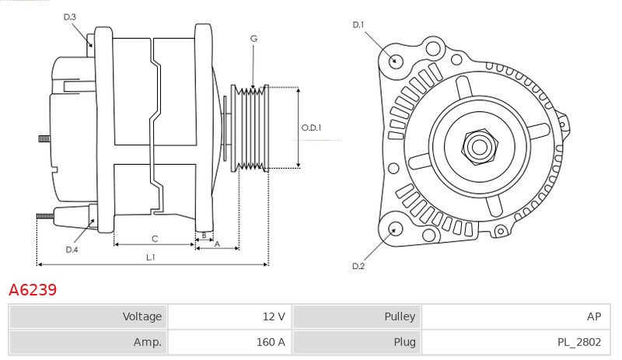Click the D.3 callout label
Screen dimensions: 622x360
coord(69,17)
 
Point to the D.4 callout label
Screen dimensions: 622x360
coord(72,250)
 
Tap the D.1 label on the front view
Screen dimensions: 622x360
coord(358,25)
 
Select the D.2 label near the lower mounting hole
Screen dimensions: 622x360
coord(358,266)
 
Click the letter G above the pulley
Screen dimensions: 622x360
coord(254,39)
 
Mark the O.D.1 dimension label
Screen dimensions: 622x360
coord(311,128)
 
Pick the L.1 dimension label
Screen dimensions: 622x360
coord(150,257)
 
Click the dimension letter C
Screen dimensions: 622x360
coord(155,239)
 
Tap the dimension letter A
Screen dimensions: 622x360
coord(217,244)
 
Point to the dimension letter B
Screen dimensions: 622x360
coord(204,236)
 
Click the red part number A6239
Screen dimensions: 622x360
coord(33,290)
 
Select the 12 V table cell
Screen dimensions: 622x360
coord(230,316)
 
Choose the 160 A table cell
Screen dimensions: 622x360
coord(230,342)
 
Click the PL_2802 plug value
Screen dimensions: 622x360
coord(579,342)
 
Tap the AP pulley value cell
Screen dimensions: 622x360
coord(515,316)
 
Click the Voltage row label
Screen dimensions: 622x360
coord(142,316)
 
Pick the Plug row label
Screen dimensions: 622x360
coord(404,342)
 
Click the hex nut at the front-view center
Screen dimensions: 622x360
coord(479,147)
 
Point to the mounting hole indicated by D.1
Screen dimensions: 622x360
coord(395,61)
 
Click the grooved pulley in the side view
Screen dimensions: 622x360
coord(250,128)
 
